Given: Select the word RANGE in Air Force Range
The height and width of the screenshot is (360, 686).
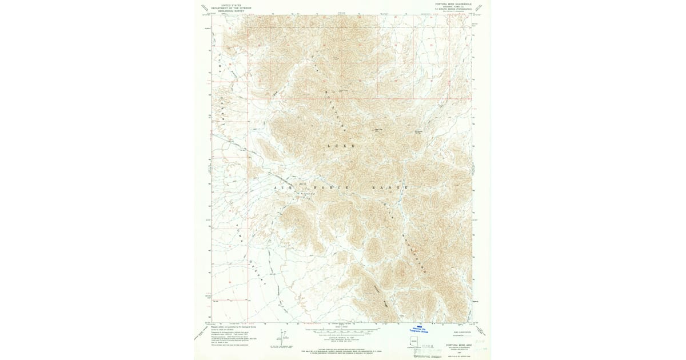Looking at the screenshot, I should (390, 187).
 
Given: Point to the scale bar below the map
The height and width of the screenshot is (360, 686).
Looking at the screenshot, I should (342, 330).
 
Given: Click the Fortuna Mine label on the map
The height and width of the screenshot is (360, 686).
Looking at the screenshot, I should (309, 194).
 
